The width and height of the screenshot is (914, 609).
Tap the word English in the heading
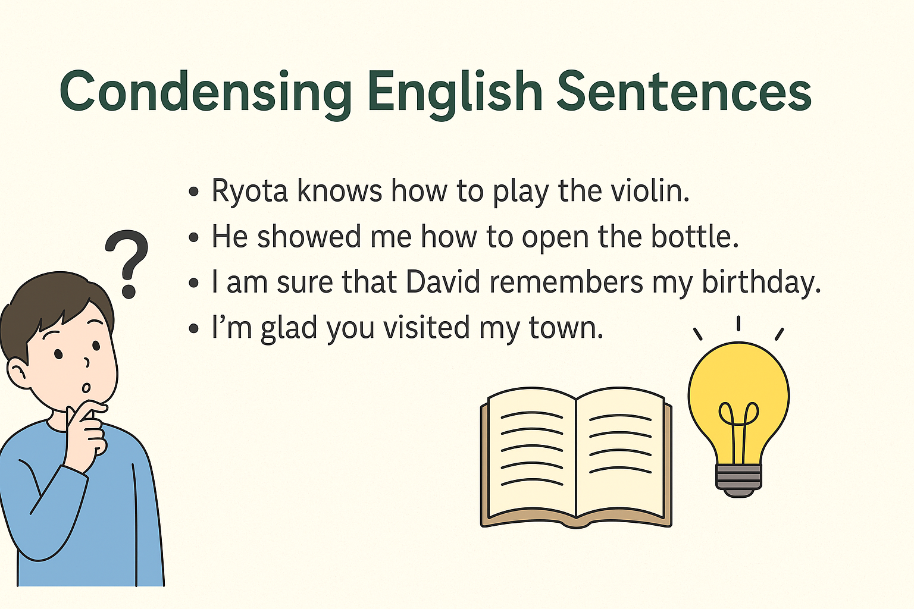455,93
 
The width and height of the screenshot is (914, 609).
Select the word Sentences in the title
684,91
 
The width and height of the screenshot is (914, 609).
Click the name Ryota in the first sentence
249,191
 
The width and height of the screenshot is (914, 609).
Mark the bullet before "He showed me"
194,237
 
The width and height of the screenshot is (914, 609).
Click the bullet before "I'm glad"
194,329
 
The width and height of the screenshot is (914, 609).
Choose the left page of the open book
531,453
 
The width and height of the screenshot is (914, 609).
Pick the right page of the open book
620,453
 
